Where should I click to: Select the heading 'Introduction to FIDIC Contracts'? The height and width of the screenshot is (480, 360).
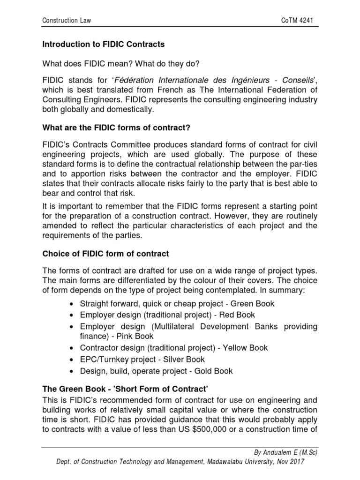point(104,45)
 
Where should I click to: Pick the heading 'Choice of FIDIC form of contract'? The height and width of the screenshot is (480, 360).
point(106,254)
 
